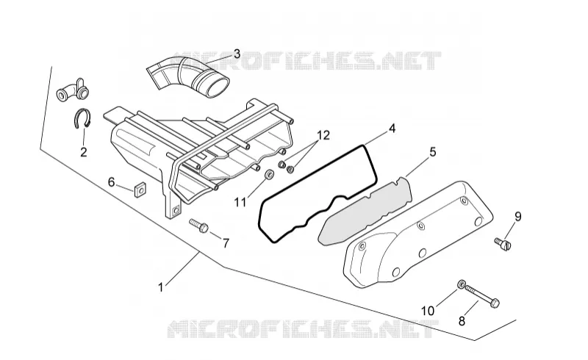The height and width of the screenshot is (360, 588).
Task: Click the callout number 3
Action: [237, 54]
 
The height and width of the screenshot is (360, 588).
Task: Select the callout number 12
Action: [323, 135]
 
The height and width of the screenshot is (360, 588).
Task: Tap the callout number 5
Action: [433, 152]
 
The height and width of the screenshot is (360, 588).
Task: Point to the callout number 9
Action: [518, 217]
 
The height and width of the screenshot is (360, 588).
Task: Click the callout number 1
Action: [161, 288]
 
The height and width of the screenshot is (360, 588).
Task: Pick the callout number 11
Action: [240, 203]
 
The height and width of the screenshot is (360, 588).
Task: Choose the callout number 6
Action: [112, 182]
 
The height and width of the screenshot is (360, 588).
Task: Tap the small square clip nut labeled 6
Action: [140, 190]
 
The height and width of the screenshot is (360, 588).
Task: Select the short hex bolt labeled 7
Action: [198, 226]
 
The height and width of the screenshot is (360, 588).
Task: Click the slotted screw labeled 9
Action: [503, 244]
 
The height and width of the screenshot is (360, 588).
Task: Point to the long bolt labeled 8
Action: [481, 296]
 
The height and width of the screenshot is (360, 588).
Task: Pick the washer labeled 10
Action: [462, 284]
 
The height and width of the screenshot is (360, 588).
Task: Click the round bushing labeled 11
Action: [269, 174]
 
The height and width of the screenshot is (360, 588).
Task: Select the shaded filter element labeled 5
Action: [364, 212]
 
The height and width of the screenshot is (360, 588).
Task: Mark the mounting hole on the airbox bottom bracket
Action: [175, 211]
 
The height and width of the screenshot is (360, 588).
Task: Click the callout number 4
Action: [392, 129]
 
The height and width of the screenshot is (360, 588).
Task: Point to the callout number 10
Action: [428, 311]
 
